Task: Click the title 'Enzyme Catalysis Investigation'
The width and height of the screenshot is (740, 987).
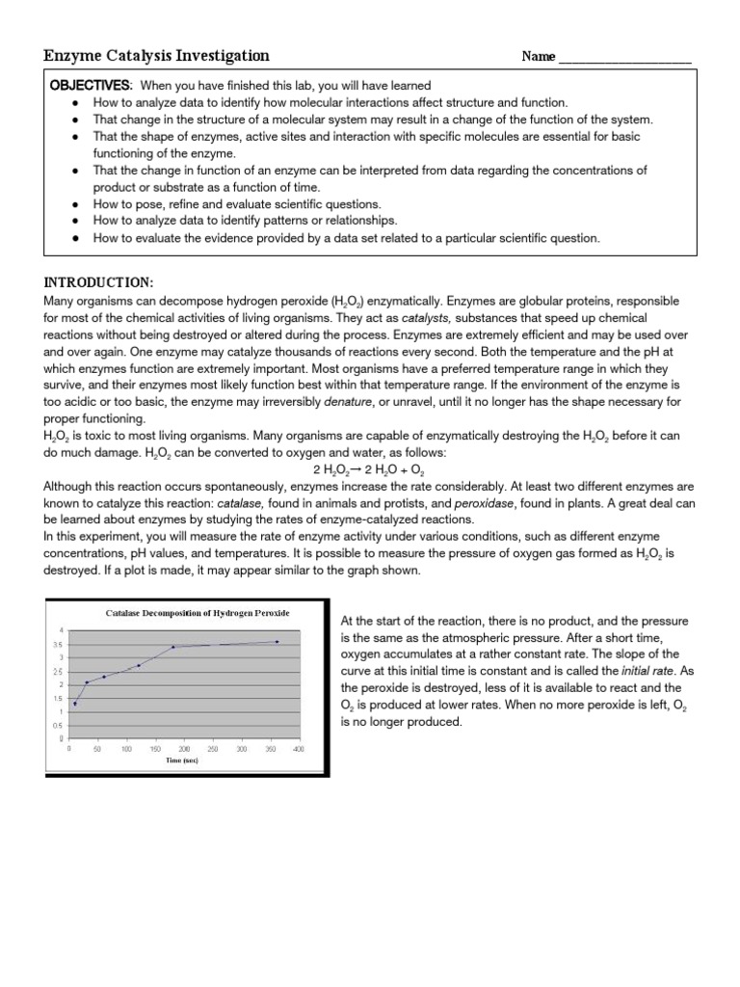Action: (157, 56)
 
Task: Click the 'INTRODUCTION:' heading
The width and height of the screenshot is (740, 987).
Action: (99, 282)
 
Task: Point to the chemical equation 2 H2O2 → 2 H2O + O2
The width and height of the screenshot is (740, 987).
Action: (370, 468)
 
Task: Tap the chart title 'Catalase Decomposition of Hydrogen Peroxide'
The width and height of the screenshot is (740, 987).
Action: (197, 613)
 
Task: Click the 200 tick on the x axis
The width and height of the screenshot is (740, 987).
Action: (184, 748)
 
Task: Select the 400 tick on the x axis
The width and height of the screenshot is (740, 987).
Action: (299, 748)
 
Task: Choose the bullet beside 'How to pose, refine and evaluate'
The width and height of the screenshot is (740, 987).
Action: (75, 204)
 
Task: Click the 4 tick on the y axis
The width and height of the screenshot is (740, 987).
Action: (62, 630)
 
